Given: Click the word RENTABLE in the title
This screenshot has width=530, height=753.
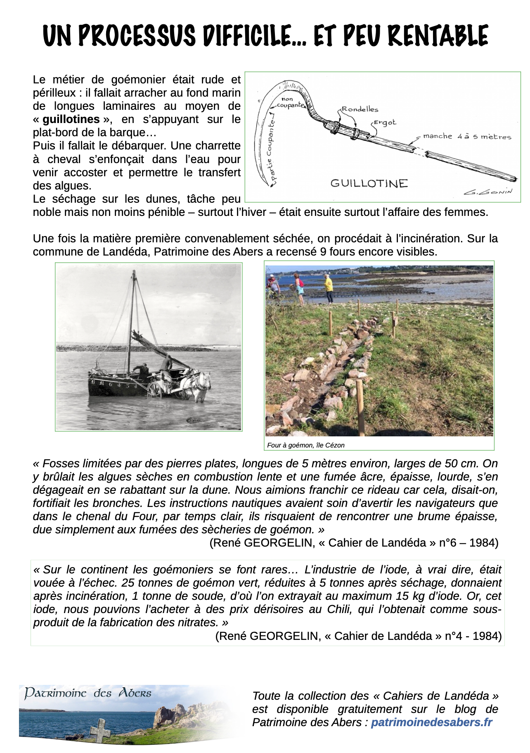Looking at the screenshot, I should [x=438, y=36].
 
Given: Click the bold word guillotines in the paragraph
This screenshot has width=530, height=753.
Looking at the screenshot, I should [x=71, y=119].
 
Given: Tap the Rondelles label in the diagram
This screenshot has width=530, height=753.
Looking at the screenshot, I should [x=360, y=109].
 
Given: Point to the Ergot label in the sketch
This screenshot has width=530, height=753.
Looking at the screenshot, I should [x=385, y=123].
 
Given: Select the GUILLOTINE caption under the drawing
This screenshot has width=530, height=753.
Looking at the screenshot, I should [x=369, y=183].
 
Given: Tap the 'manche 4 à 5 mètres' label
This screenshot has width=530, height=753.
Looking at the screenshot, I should [x=467, y=137].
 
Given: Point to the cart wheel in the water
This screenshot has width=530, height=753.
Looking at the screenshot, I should [x=154, y=389].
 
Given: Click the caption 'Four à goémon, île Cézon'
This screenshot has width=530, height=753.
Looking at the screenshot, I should [x=305, y=445].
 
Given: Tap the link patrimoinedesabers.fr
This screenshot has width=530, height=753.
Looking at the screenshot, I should [x=431, y=722].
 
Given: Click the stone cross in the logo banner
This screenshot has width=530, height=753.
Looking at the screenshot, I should [x=101, y=729].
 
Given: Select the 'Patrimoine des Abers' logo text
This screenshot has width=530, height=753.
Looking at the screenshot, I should [x=88, y=693].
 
